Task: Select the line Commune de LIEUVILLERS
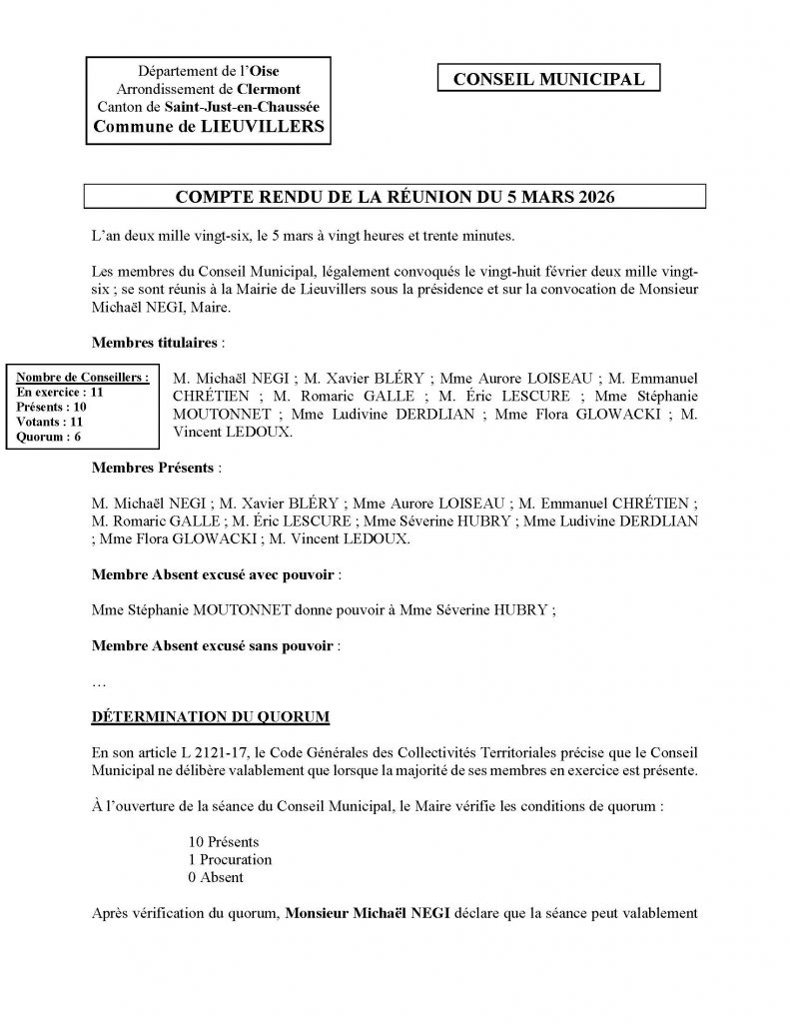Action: coord(208,126)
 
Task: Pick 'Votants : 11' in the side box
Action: coord(51,421)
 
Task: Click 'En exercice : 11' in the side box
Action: coord(61,393)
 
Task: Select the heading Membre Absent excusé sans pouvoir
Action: coord(213,645)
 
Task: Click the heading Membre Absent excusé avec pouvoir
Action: coord(213,575)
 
